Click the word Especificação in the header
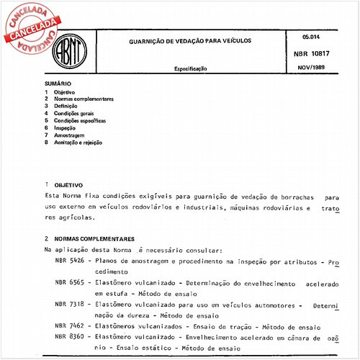191,68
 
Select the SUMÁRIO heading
58,84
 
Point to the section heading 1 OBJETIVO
65,185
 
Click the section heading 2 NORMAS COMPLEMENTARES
92,238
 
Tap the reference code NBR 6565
70,284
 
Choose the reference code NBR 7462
70,325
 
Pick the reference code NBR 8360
70,336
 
